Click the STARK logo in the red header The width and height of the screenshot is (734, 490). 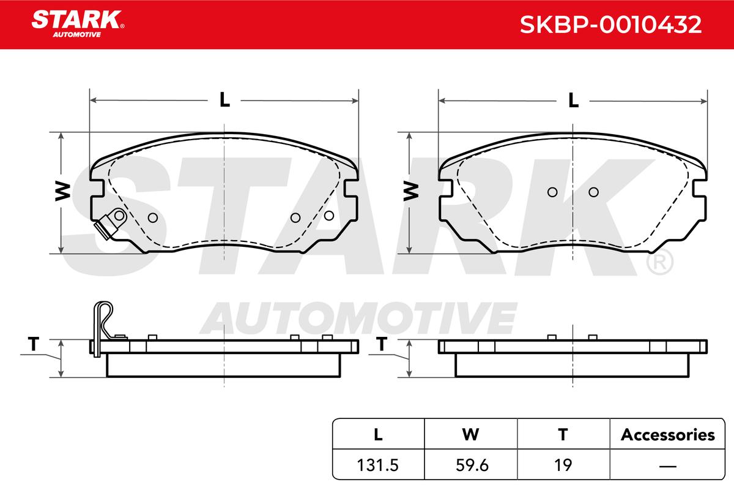click(x=78, y=24)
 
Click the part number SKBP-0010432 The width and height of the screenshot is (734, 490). click(x=610, y=24)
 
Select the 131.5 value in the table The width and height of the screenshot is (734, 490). click(x=377, y=465)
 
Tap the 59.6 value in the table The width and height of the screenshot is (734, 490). click(x=472, y=465)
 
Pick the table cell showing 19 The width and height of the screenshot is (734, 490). click(x=563, y=465)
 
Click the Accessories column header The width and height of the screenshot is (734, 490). click(x=667, y=435)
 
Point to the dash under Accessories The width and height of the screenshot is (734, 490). click(x=667, y=466)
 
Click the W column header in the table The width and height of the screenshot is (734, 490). click(x=470, y=435)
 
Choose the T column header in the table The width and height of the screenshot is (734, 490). click(x=563, y=435)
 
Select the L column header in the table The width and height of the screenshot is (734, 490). click(x=378, y=435)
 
